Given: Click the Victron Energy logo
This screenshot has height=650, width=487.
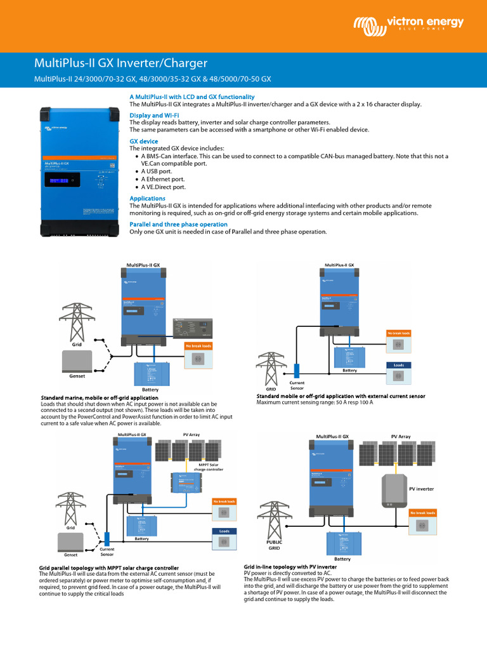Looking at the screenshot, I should click(x=409, y=25).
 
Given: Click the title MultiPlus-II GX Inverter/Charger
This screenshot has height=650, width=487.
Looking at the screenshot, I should click(x=120, y=63).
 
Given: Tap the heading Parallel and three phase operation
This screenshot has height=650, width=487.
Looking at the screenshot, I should click(x=178, y=225).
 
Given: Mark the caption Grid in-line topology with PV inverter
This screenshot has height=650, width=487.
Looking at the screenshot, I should click(x=290, y=566).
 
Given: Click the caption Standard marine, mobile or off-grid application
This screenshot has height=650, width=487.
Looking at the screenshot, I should click(x=99, y=397).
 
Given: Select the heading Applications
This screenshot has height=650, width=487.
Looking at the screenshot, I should click(x=148, y=198).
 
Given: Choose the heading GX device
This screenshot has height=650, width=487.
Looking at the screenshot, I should click(x=144, y=141).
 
